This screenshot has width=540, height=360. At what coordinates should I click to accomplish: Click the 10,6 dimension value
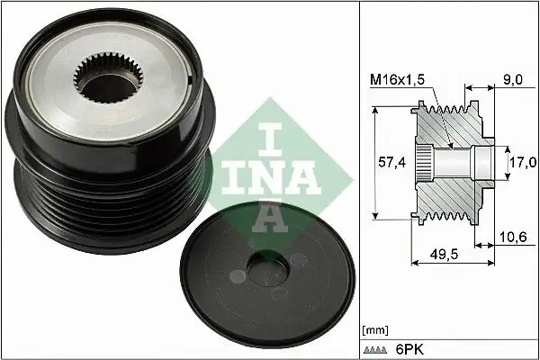coord(514,237)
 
